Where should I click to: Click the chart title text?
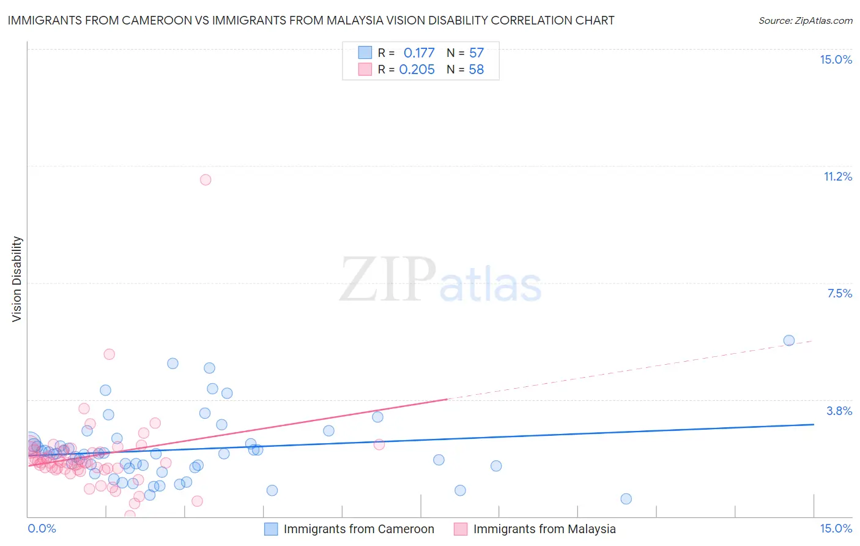[311, 20]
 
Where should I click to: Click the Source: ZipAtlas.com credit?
[805, 20]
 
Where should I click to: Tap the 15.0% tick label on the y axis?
[836, 59]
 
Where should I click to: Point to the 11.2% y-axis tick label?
[837, 176]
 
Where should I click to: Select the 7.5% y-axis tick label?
[839, 293]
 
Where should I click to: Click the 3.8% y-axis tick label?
[839, 411]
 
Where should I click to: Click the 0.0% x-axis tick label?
[42, 528]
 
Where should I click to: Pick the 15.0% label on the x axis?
[836, 528]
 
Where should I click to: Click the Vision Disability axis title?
[17, 279]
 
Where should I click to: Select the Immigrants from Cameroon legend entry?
[358, 529]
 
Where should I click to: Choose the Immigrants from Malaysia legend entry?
[544, 529]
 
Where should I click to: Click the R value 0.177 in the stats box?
[419, 53]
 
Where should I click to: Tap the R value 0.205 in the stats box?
[417, 70]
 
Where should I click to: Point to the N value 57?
[476, 53]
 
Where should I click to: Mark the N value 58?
[476, 70]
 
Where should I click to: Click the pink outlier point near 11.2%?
[206, 179]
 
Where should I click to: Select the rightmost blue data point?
[789, 340]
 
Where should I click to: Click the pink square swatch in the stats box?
[365, 69]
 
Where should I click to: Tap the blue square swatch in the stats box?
[365, 53]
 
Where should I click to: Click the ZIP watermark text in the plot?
[388, 280]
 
